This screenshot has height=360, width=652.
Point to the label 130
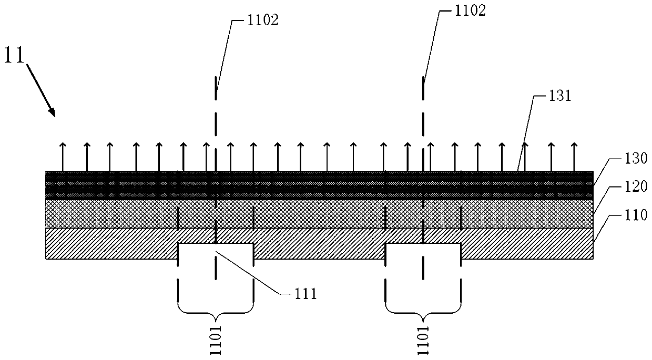click(622, 158)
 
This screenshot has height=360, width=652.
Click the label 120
click(622, 186)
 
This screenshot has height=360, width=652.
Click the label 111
click(305, 294)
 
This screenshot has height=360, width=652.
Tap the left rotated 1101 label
click(216, 340)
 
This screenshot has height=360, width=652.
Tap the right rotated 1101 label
click(423, 340)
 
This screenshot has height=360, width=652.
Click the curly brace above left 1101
click(216, 312)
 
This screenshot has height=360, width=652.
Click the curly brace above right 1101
click(423, 312)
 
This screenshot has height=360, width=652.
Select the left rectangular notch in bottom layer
click(216, 251)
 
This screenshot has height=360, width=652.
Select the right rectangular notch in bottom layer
click(423, 251)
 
